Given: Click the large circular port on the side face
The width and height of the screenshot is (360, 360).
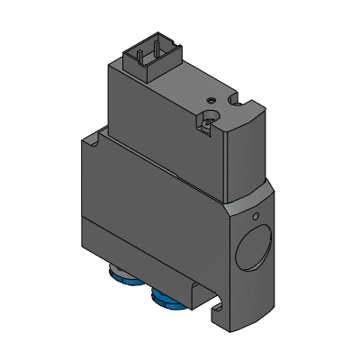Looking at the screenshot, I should (255, 252).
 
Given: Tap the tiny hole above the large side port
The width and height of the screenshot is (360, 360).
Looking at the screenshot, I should (256, 216).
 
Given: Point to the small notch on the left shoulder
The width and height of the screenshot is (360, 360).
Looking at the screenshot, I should (94, 139).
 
